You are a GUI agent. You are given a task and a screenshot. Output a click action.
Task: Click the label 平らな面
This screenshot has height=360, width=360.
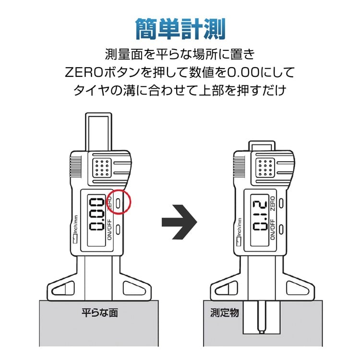[x=99, y=313]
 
